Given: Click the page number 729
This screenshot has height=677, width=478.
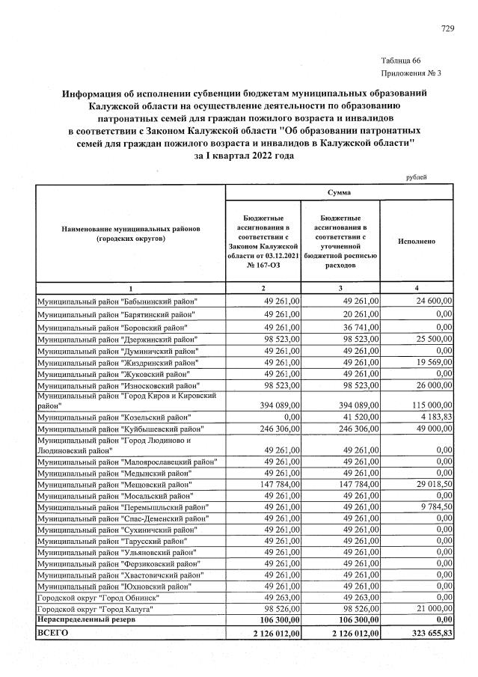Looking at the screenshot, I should [x=448, y=29].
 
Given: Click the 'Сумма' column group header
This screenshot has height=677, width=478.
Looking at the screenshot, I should [x=339, y=193].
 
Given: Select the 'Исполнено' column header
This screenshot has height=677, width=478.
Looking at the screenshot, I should [x=417, y=242].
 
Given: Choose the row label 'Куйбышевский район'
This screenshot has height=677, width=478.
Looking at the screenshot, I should [x=120, y=429].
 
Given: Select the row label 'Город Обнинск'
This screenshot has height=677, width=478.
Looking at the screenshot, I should [x=97, y=598].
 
